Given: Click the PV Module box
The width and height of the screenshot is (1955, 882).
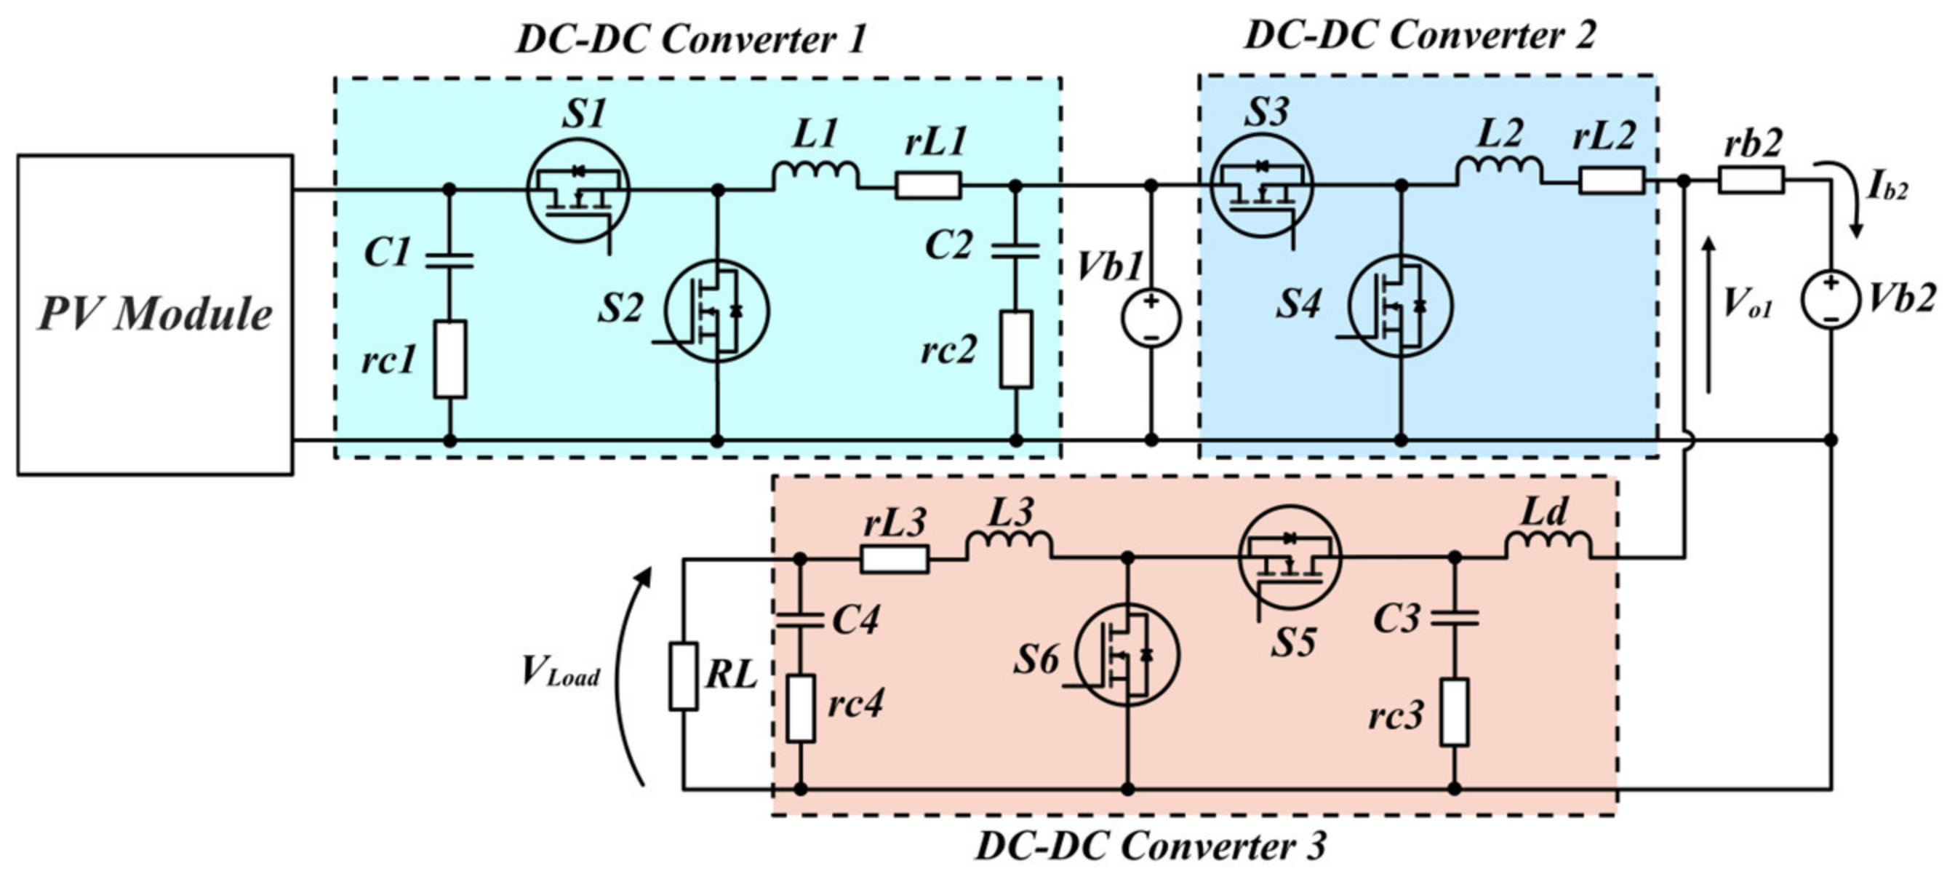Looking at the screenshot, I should (x=155, y=314).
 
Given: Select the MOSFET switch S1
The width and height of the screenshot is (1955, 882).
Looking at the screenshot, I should (x=578, y=190).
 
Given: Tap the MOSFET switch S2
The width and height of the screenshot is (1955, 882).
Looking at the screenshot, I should (x=716, y=311).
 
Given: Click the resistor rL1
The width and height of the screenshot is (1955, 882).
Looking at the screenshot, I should (x=927, y=185).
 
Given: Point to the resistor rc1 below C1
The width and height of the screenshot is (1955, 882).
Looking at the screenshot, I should (x=449, y=359).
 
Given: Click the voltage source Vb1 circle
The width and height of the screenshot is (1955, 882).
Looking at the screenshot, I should (x=1151, y=318).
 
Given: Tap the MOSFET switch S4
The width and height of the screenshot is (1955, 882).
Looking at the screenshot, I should (x=1400, y=306).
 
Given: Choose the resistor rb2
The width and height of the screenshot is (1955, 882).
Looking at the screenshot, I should (x=1751, y=180).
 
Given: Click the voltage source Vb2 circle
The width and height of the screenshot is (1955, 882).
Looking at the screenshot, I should (x=1831, y=301).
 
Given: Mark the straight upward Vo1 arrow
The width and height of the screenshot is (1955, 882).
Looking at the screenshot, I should (x=1708, y=315).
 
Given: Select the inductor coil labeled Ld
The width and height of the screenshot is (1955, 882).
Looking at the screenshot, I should (x=1548, y=544).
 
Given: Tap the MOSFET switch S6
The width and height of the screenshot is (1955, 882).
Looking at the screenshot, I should (x=1127, y=654).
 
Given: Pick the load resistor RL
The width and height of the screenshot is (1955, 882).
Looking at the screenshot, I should (x=683, y=676).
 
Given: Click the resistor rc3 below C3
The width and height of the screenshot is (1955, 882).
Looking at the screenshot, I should (x=1454, y=712).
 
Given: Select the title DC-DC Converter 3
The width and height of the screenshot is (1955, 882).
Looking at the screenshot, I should (x=1151, y=846).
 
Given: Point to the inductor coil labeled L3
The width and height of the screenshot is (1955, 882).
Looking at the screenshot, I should (x=1009, y=544).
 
